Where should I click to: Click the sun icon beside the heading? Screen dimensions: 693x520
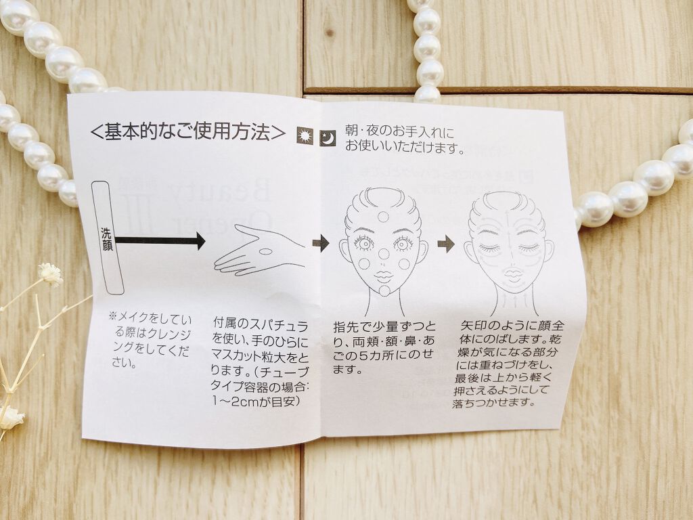click(x=305, y=135)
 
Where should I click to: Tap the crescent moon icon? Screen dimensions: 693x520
click(x=328, y=138)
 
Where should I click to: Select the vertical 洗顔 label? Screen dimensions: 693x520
click(x=107, y=239)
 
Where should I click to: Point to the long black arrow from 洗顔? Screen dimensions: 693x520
click(x=160, y=240)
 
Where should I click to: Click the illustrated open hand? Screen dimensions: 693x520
click(x=259, y=251)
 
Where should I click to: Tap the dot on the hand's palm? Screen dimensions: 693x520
click(x=265, y=252)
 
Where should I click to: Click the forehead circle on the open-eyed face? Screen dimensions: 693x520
click(x=383, y=217)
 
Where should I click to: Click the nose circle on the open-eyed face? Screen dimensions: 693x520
click(x=384, y=254)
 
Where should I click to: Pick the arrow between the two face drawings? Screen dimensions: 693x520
click(x=446, y=244)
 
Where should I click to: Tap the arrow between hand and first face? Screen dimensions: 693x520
click(x=321, y=242)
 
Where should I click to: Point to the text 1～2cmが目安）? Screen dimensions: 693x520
click(x=256, y=401)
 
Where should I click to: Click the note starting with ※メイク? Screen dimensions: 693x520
click(x=150, y=340)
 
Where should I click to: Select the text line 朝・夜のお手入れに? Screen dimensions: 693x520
click(x=399, y=131)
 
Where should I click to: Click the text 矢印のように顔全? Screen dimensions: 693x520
click(x=512, y=326)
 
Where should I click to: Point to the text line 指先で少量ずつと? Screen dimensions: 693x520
click(x=384, y=327)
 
